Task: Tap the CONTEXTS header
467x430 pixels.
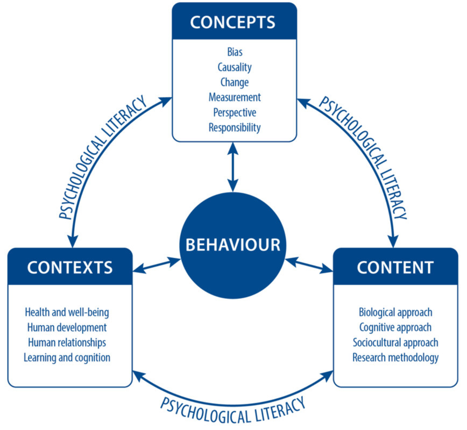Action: point(70,267)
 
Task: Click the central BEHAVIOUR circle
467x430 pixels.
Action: point(233,245)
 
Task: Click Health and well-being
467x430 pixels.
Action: point(70,312)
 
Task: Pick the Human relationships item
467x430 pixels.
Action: point(70,342)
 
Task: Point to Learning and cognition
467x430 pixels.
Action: point(70,357)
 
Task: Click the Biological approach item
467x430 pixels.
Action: point(395,312)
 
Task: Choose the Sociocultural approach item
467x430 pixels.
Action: point(395,342)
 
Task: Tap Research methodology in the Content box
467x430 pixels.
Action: point(395,357)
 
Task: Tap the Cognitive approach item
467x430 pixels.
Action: point(395,327)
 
